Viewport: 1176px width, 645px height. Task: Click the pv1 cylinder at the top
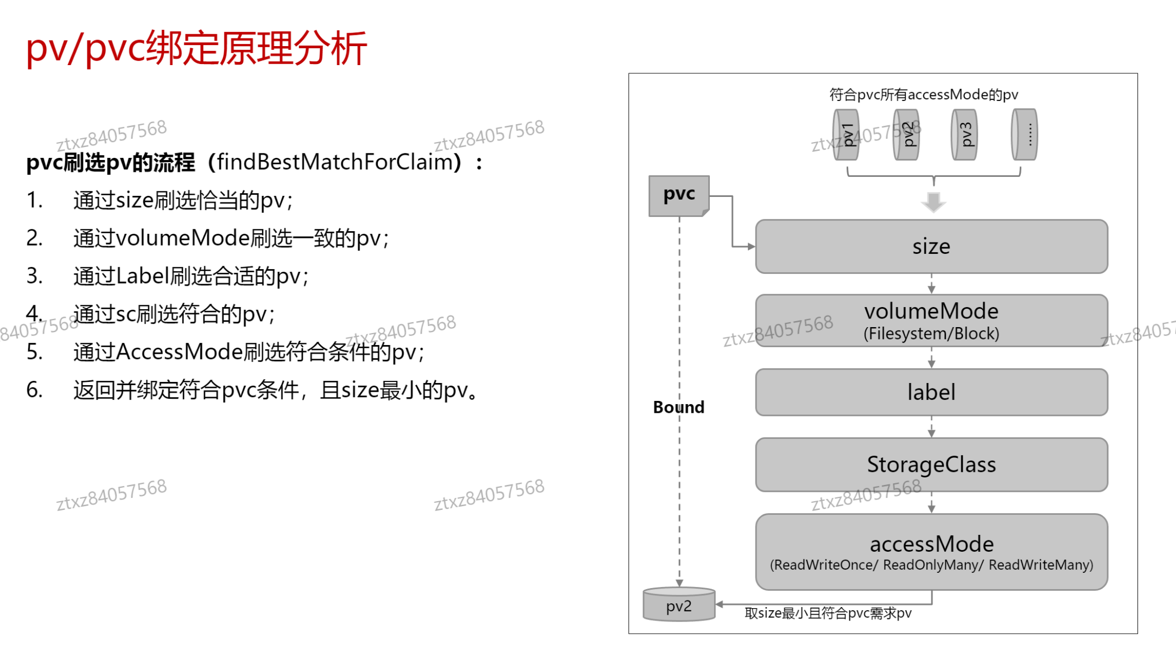coord(846,135)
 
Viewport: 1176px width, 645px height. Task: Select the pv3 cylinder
coord(964,135)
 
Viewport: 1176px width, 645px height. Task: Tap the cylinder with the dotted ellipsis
coord(1025,135)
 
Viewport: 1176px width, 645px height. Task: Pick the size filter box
coord(931,246)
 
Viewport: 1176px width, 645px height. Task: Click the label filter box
coord(931,392)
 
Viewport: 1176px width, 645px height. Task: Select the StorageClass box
coord(931,464)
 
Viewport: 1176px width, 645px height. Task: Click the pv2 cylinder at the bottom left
coord(679,605)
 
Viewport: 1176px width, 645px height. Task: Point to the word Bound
coord(678,407)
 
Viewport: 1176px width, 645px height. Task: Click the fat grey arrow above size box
coord(933,202)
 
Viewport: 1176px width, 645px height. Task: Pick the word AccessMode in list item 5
coord(179,352)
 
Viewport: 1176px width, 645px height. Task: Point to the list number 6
coord(34,390)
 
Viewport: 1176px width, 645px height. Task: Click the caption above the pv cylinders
coord(924,95)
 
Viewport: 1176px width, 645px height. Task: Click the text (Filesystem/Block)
coord(931,334)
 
